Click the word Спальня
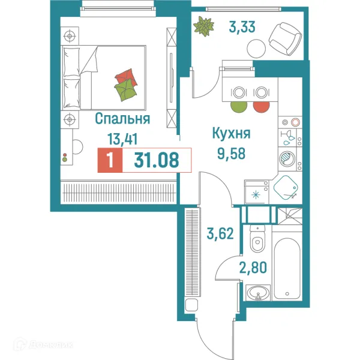point(122,119)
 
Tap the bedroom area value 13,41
point(122,139)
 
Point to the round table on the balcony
point(256,47)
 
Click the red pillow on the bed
point(127,77)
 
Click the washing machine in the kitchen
point(286,158)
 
